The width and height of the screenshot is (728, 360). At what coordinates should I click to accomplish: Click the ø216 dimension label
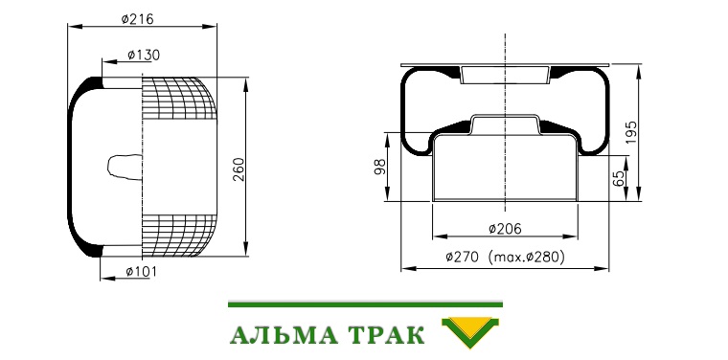[x=137, y=19]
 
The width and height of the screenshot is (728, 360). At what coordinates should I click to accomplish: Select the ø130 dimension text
[x=144, y=56]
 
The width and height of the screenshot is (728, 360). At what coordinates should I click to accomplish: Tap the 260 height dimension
[x=239, y=169]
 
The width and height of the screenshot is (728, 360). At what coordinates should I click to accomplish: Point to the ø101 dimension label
[x=141, y=271]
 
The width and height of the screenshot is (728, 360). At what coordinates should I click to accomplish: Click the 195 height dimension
[x=632, y=131]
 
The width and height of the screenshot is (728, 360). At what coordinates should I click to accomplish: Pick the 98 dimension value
[x=380, y=167]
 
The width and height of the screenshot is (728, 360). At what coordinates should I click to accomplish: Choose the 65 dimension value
[x=619, y=179]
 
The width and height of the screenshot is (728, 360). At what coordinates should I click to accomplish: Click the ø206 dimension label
[x=505, y=229]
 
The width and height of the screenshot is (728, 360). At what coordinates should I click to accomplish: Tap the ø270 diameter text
[x=462, y=257]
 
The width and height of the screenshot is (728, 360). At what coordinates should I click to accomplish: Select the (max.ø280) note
[x=527, y=257]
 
